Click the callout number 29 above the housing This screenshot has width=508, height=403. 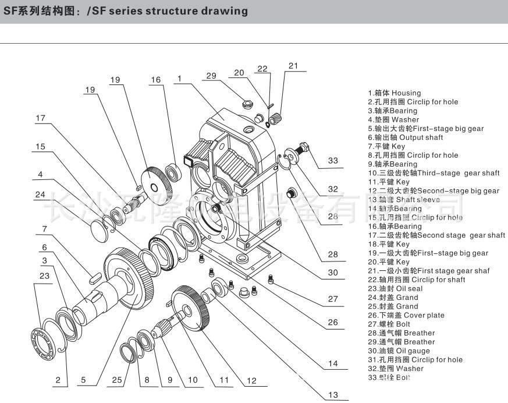point(211,76)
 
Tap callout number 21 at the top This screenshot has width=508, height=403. point(293,66)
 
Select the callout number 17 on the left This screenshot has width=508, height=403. point(40,118)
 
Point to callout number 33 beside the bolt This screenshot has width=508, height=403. point(333,161)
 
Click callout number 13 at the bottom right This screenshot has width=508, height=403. point(333,395)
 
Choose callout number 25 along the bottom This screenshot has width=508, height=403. point(117,380)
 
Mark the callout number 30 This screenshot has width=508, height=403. point(333,272)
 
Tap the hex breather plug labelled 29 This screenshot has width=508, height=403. point(247,105)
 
